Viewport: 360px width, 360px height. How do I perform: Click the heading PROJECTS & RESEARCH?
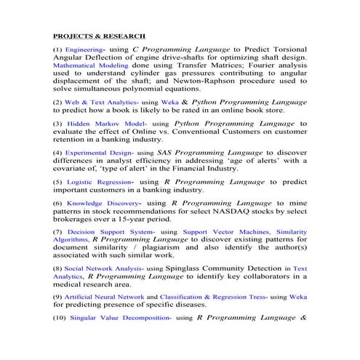click(x=100, y=35)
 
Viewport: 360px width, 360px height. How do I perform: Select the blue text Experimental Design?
click(x=97, y=152)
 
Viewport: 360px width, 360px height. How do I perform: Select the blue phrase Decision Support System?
click(x=110, y=231)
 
